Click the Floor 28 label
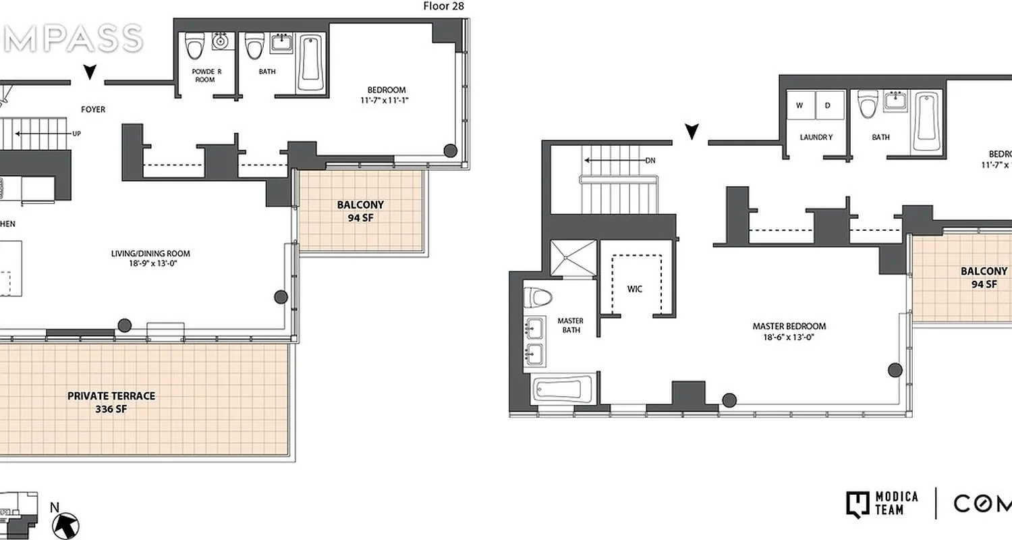tap(443, 7)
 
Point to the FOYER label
tap(93, 109)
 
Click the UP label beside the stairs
tap(77, 134)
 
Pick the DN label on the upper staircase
tap(650, 161)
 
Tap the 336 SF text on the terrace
tap(111, 408)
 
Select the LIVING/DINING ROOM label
tap(150, 254)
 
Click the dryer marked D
tap(829, 105)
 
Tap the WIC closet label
tap(634, 289)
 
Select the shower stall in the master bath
tap(573, 258)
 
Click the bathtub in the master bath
tap(563, 389)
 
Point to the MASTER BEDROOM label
tap(789, 326)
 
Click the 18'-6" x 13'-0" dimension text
tap(789, 337)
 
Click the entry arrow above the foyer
tap(89, 72)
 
